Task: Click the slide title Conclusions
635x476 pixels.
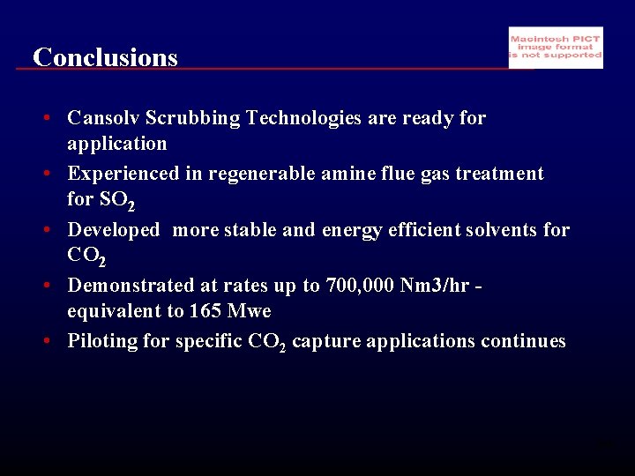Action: click(x=105, y=57)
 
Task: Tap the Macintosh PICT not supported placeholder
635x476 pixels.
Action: click(x=556, y=48)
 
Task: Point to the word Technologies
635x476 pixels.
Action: click(x=305, y=118)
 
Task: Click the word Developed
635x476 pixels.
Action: click(x=114, y=230)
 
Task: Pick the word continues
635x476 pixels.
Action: click(x=523, y=341)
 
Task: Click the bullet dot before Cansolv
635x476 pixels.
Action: click(x=55, y=118)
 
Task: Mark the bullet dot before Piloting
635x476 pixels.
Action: click(x=55, y=341)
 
